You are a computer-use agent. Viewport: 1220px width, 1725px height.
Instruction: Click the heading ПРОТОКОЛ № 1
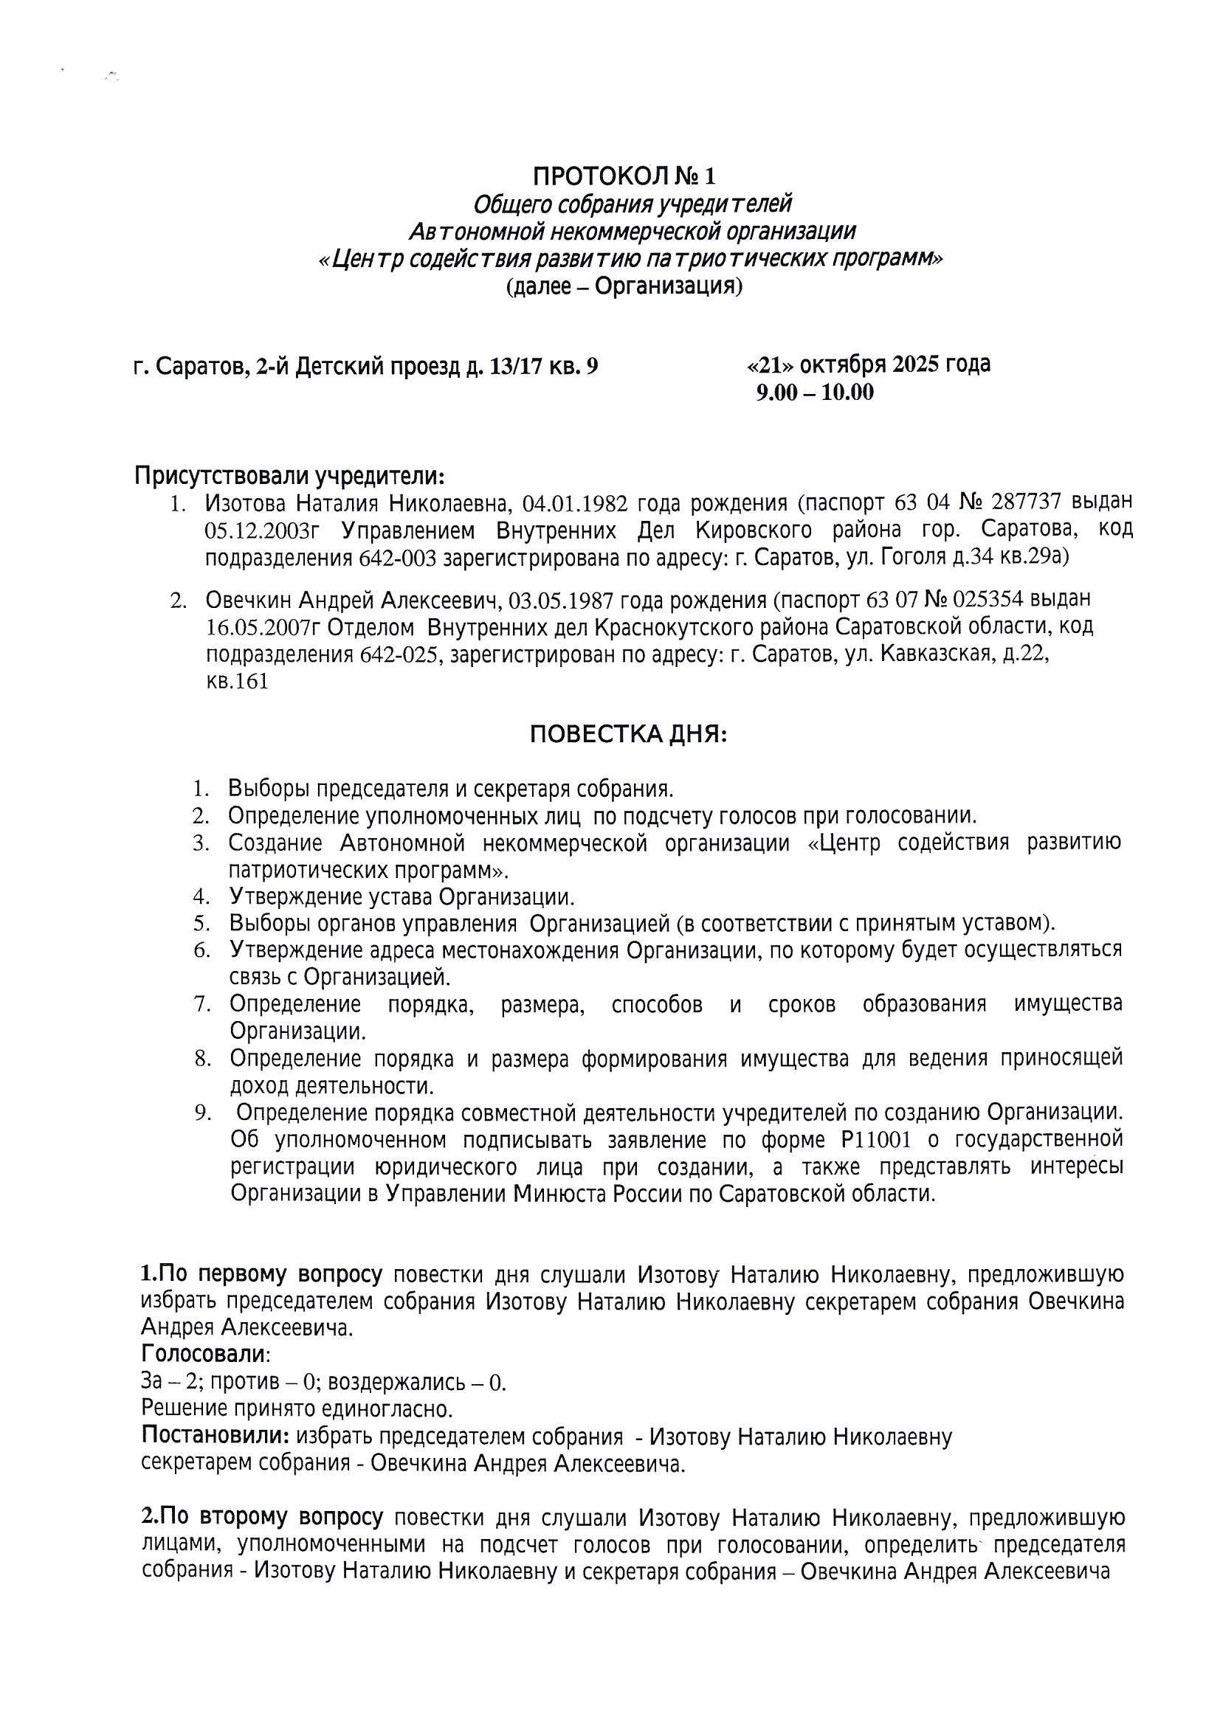point(624,176)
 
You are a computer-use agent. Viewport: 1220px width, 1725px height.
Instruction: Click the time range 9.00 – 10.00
point(815,393)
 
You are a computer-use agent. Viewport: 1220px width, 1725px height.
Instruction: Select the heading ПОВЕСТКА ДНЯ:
point(628,734)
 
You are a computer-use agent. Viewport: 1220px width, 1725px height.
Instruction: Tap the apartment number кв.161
point(238,682)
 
